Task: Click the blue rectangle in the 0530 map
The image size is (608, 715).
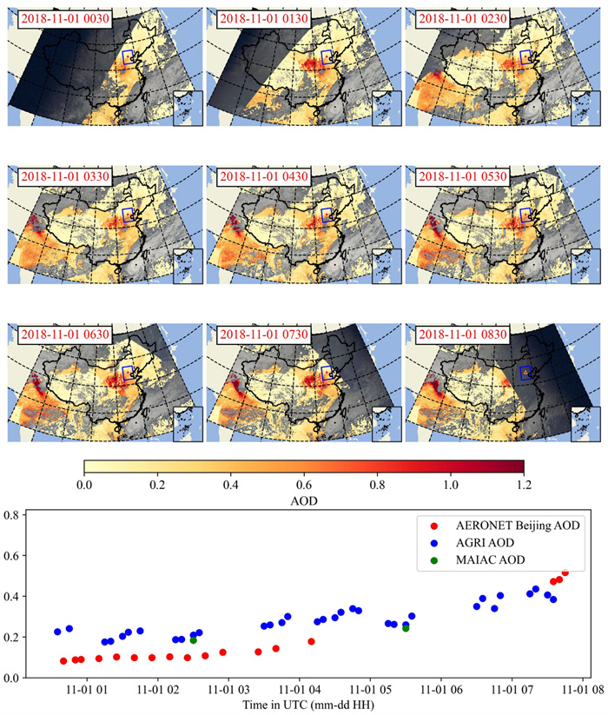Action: [525, 214]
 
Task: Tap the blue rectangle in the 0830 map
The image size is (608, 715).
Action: [525, 372]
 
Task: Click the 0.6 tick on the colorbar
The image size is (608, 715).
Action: [304, 484]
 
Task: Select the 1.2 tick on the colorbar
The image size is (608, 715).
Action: [524, 484]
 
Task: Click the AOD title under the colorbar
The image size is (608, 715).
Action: [304, 501]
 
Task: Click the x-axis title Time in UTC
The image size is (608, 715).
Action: [304, 705]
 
